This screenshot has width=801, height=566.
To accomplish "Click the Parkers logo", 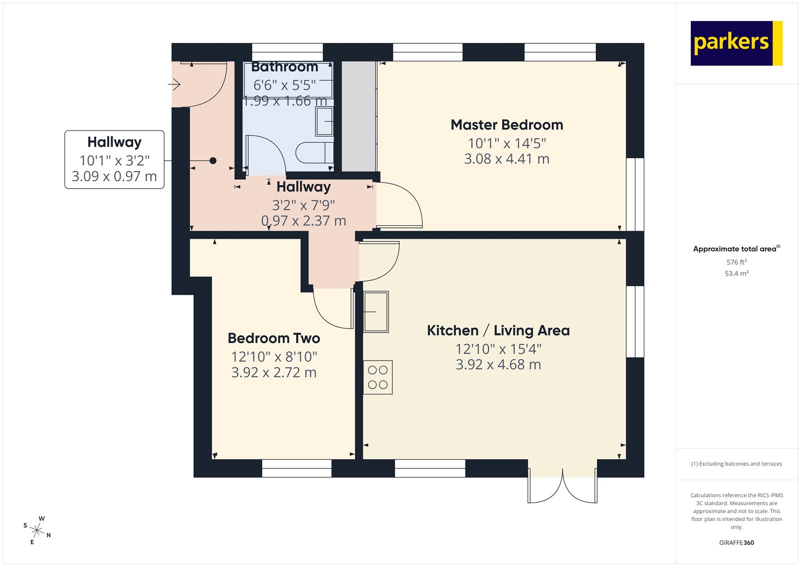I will pyautogui.click(x=736, y=43).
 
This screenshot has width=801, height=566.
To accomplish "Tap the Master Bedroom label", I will pyautogui.click(x=507, y=125).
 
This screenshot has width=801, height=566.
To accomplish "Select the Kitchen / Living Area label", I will pyautogui.click(x=498, y=331).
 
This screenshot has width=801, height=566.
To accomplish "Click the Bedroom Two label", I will pyautogui.click(x=274, y=338).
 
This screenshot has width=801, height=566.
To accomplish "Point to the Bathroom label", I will pyautogui.click(x=285, y=67).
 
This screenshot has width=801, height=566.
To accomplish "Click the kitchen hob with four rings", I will pyautogui.click(x=378, y=377).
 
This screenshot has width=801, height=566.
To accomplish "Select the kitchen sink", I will pyautogui.click(x=376, y=312).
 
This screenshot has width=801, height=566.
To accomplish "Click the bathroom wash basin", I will pyautogui.click(x=324, y=121).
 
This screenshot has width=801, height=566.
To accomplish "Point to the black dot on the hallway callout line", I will pyautogui.click(x=213, y=161).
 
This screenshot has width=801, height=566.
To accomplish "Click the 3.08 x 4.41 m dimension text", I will pyautogui.click(x=507, y=159).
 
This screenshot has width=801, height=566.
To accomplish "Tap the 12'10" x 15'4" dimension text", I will pyautogui.click(x=498, y=349).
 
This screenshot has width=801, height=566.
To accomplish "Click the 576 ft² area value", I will pyautogui.click(x=736, y=262).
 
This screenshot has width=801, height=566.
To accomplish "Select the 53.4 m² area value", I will pyautogui.click(x=736, y=274).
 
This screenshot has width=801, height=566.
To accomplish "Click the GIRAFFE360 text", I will pyautogui.click(x=736, y=542).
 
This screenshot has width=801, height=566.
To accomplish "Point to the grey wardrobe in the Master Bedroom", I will pyautogui.click(x=358, y=116).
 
